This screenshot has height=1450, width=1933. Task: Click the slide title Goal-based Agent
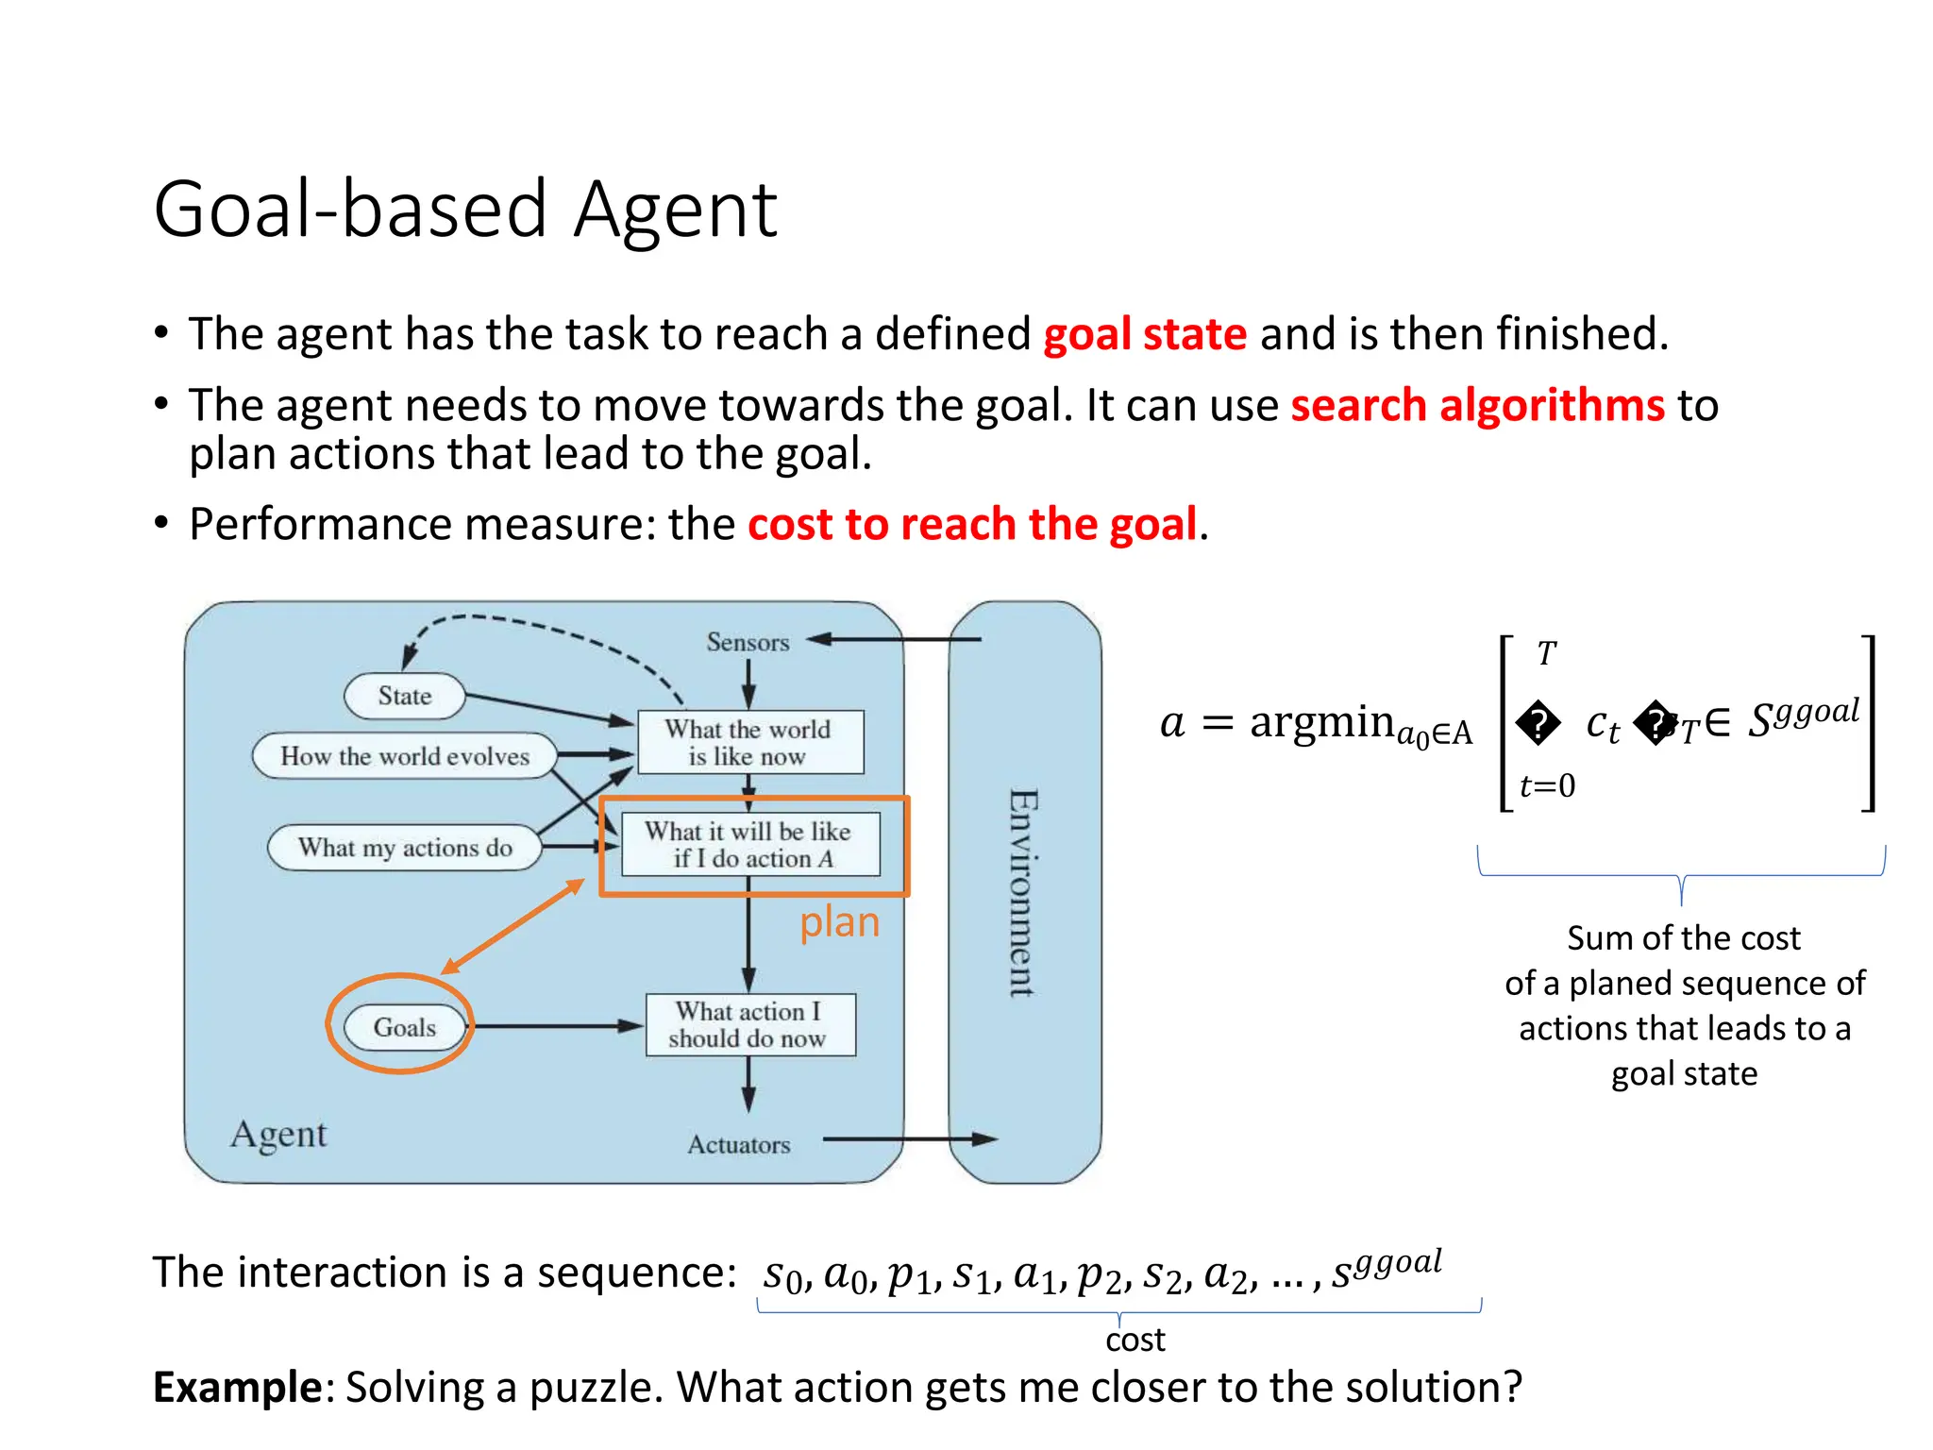(x=464, y=210)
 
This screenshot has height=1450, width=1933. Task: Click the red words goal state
(x=1144, y=335)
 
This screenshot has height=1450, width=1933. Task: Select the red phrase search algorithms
(x=1477, y=406)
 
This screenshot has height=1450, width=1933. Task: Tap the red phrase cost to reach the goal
(x=972, y=525)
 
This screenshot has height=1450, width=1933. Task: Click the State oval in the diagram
(x=404, y=697)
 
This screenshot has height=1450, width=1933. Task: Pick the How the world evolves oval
(x=405, y=756)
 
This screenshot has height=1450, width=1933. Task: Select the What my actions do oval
(x=405, y=848)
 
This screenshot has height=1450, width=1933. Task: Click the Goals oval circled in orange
(x=404, y=1027)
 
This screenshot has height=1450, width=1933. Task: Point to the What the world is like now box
(x=749, y=743)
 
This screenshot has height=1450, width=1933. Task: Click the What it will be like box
(x=749, y=845)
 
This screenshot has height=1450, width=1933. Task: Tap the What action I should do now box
(x=749, y=1025)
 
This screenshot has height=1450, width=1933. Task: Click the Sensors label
(x=748, y=643)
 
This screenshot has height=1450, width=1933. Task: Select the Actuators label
(x=738, y=1145)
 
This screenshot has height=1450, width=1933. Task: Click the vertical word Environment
(x=1023, y=892)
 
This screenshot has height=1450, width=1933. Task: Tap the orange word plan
(x=839, y=922)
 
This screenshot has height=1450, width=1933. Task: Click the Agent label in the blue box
(x=278, y=1134)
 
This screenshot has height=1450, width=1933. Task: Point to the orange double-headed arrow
(x=513, y=926)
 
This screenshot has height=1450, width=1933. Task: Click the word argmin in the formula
(x=1321, y=723)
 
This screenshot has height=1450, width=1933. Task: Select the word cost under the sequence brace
(x=1135, y=1340)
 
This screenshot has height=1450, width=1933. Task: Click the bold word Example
(x=238, y=1388)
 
